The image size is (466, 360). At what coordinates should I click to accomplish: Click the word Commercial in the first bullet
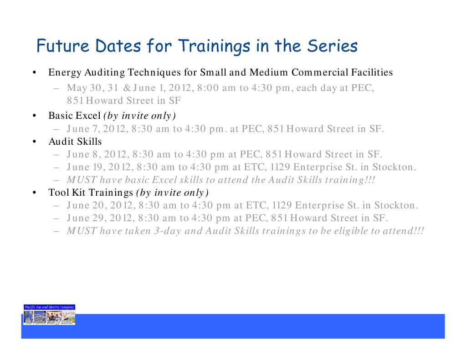pos(320,72)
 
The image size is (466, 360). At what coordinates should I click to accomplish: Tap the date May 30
pos(80,88)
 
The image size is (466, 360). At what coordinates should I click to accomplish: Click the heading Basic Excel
pos(74,115)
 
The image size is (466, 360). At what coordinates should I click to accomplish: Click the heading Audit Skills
pos(75,142)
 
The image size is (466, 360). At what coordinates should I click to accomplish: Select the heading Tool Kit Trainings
pos(91,192)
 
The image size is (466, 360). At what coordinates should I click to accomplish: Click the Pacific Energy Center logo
pos(49,314)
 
